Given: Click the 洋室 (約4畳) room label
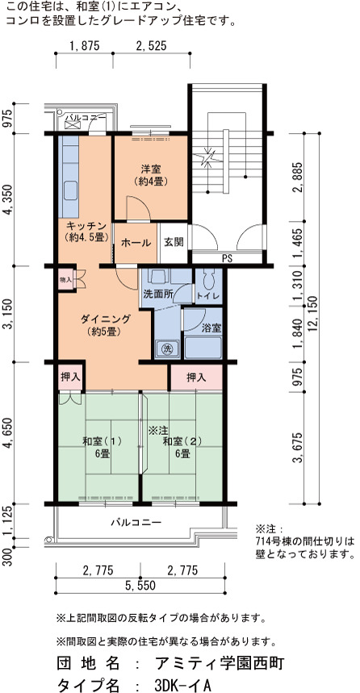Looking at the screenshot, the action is (x=151, y=174).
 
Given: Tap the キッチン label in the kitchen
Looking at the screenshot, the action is (x=86, y=224).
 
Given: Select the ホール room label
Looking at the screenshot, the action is (x=136, y=243).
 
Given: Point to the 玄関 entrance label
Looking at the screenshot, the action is (x=174, y=243).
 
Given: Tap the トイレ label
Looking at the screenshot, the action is (x=209, y=296).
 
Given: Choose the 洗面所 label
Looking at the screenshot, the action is (x=157, y=294).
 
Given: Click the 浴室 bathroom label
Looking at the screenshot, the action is (x=211, y=328).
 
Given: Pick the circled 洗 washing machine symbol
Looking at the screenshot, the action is (x=167, y=348).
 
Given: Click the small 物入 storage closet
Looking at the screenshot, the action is (x=65, y=280).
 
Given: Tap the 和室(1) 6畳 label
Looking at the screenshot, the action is (x=102, y=447).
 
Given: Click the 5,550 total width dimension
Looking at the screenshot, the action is (x=140, y=586).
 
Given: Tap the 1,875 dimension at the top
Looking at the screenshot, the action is (x=84, y=46).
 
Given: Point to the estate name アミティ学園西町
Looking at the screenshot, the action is (x=220, y=663).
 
